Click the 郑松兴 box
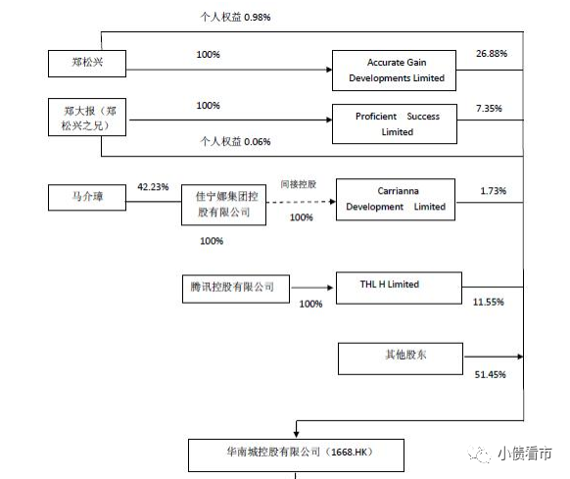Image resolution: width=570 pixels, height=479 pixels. (x=87, y=64)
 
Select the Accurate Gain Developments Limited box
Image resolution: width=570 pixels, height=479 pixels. (x=394, y=71)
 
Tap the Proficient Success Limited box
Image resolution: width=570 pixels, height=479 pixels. (x=395, y=124)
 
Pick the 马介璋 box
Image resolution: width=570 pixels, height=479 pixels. (x=87, y=198)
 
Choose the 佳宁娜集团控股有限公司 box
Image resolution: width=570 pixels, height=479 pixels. (x=224, y=205)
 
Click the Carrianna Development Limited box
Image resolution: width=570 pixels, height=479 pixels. (x=396, y=200)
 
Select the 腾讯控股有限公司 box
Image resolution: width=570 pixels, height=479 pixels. (x=236, y=289)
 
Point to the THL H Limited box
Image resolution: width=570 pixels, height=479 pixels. (x=400, y=288)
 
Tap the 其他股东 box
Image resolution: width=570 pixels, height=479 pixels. (x=401, y=359)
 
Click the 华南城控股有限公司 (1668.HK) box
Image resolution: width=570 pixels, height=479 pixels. (x=297, y=455)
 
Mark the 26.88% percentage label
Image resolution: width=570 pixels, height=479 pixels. (x=492, y=54)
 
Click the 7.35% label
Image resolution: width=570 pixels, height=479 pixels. (x=489, y=109)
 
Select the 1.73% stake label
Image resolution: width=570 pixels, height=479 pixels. (x=494, y=191)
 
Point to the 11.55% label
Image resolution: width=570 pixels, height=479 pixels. (x=488, y=302)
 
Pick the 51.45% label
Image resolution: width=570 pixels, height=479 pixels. (x=490, y=374)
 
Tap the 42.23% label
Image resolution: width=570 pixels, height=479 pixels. (x=153, y=187)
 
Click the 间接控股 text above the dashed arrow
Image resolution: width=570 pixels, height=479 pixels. (x=299, y=184)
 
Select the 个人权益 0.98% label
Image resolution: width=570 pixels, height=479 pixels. (x=235, y=17)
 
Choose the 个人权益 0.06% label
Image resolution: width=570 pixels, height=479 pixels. (x=235, y=141)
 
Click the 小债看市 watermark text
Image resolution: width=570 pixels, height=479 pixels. (x=525, y=454)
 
